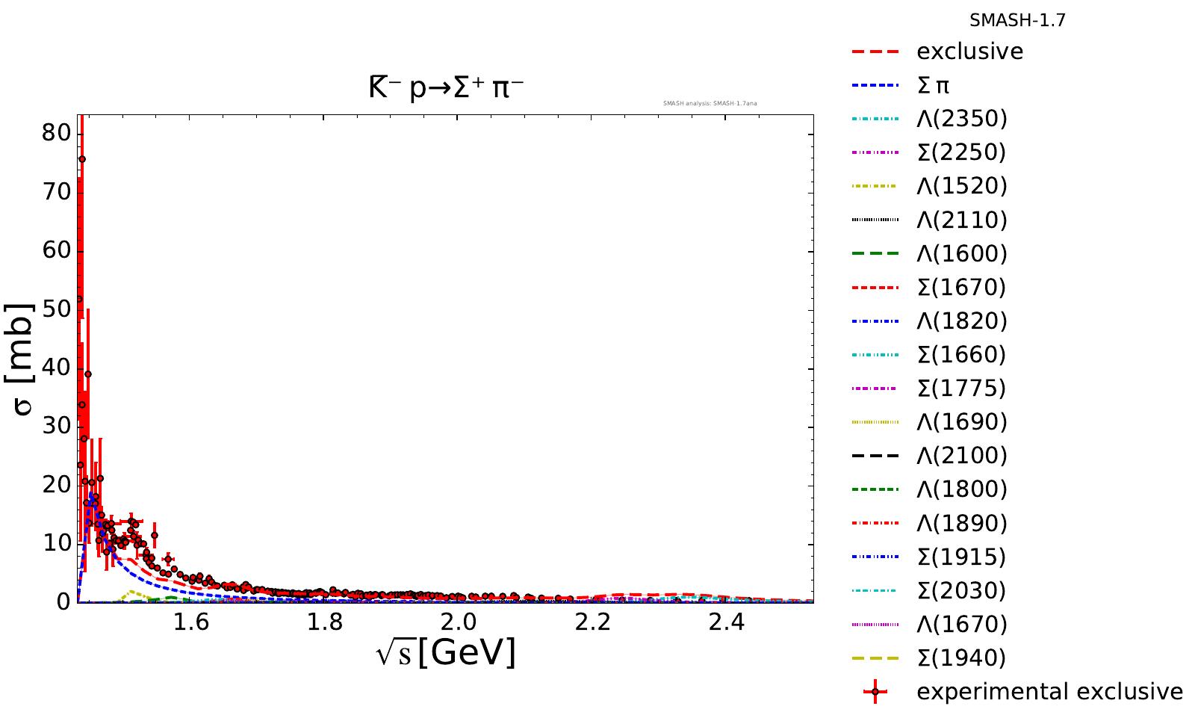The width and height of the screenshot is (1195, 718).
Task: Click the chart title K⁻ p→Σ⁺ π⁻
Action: click(x=446, y=88)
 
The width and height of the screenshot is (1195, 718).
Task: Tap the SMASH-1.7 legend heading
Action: click(x=1017, y=21)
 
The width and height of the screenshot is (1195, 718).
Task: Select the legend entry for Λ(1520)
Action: click(x=962, y=186)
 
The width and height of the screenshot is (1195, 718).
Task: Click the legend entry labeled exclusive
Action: click(x=969, y=52)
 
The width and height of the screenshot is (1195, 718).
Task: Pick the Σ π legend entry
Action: click(x=933, y=85)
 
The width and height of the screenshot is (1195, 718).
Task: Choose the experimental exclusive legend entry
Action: click(x=1049, y=691)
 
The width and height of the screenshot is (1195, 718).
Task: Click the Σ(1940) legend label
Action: click(x=962, y=657)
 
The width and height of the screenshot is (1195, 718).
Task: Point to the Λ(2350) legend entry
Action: click(x=962, y=119)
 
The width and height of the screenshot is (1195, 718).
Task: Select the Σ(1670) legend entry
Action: click(x=962, y=287)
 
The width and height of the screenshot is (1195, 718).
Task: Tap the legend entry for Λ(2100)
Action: click(x=962, y=456)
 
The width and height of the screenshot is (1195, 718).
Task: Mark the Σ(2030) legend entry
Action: click(x=962, y=590)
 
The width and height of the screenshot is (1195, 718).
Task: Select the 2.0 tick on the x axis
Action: click(x=458, y=622)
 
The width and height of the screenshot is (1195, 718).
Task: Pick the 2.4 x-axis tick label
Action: click(x=726, y=622)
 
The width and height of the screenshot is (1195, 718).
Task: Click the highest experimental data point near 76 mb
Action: click(x=82, y=159)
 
